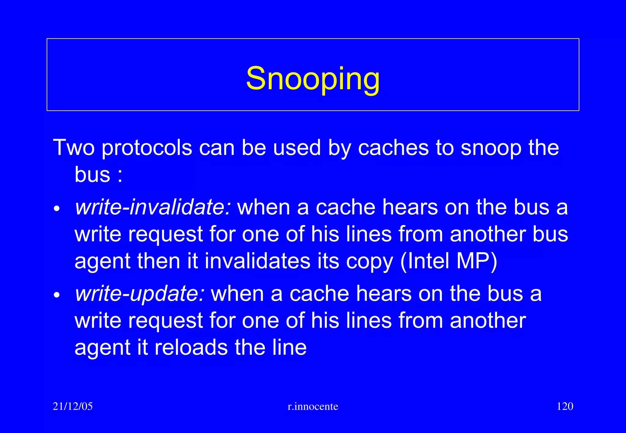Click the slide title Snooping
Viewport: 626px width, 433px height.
[x=313, y=79]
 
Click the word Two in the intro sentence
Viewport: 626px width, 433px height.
[x=74, y=148]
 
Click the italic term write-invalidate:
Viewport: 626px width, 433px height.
[x=153, y=207]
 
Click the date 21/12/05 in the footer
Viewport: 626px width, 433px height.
[x=72, y=406]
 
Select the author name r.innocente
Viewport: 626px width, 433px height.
[x=313, y=406]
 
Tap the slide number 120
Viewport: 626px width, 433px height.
[x=565, y=406]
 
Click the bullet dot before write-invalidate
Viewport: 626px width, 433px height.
[x=57, y=209]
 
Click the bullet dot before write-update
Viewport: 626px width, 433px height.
[x=57, y=296]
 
